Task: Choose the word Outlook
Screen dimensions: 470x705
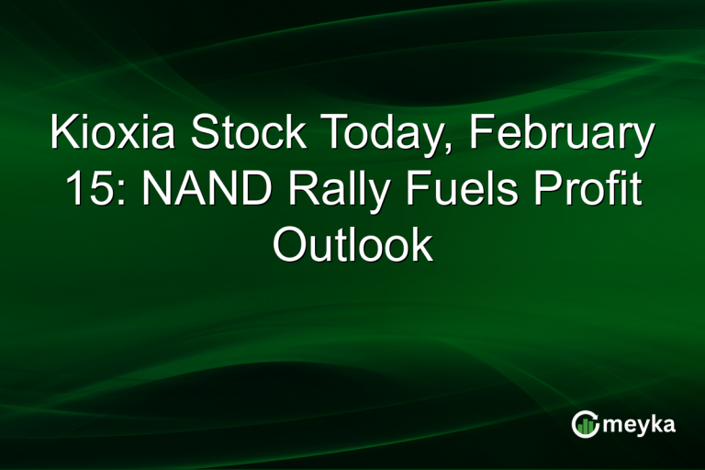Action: tap(352, 245)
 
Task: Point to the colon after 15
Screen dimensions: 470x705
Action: tap(110, 195)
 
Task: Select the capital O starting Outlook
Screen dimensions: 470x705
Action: tap(289, 245)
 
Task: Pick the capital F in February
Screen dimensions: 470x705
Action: tap(479, 136)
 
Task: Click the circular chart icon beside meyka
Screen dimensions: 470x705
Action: tap(585, 424)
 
